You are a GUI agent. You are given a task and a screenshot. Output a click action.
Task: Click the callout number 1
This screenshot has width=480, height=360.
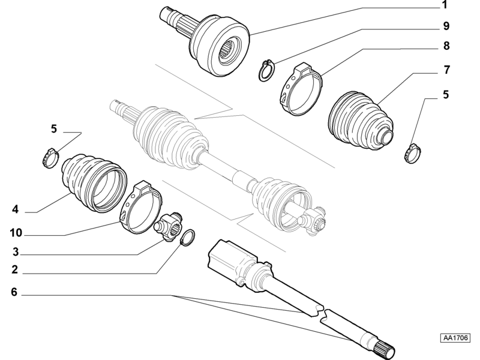(x=445, y=5)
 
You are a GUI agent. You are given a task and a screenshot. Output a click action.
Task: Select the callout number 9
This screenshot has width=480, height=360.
(x=446, y=26)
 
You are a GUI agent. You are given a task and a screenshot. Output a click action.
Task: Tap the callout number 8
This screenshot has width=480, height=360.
(x=446, y=46)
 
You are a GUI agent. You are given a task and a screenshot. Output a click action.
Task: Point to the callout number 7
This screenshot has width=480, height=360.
(x=446, y=70)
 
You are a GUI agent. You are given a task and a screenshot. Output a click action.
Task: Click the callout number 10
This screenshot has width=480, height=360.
(x=16, y=233)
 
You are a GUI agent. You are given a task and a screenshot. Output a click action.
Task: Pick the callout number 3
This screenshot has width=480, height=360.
(x=16, y=252)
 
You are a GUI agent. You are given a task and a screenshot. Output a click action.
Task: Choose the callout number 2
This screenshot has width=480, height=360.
(x=14, y=269)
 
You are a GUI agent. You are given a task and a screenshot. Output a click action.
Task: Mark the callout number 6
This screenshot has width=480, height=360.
(x=14, y=292)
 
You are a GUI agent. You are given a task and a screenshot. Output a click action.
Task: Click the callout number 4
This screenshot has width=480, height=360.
(x=15, y=209)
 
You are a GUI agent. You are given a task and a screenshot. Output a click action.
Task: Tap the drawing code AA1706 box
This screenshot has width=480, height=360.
(x=455, y=338)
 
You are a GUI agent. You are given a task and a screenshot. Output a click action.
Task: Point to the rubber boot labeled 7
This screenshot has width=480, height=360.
(x=360, y=120)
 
